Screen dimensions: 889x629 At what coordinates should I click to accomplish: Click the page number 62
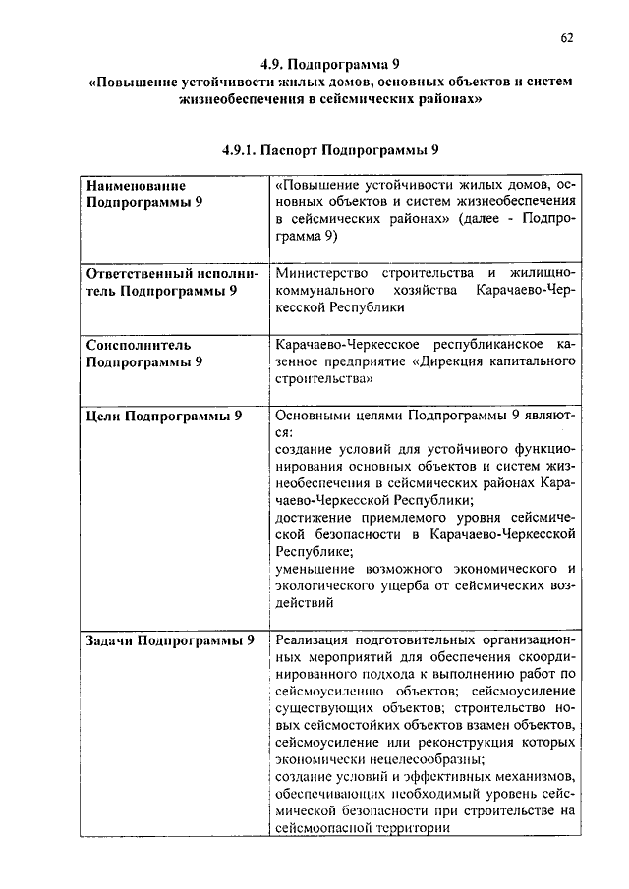tap(567, 38)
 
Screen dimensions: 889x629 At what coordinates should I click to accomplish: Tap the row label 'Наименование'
tap(136, 184)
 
